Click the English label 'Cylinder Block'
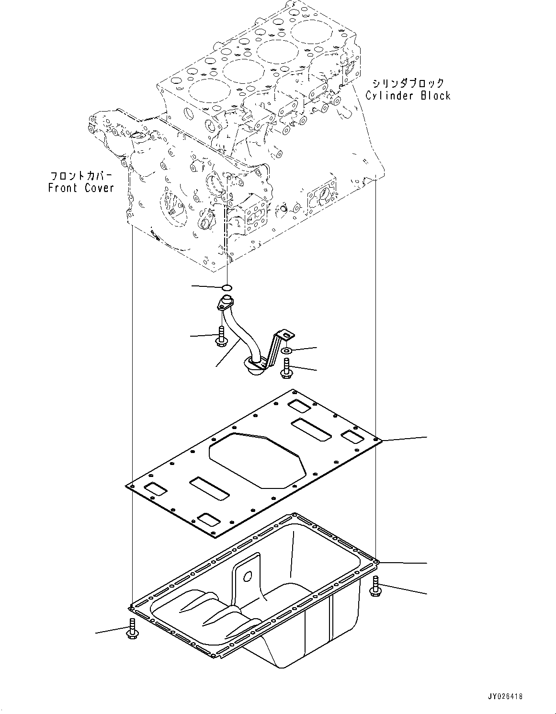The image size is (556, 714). [408, 96]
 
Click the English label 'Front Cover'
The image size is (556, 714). [81, 188]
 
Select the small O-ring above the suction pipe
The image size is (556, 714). [227, 288]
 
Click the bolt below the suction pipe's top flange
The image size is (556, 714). [221, 336]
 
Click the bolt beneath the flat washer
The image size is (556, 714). [285, 369]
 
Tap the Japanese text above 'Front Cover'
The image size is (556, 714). [81, 176]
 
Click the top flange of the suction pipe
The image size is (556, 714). [225, 303]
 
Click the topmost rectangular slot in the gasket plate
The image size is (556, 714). [299, 406]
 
